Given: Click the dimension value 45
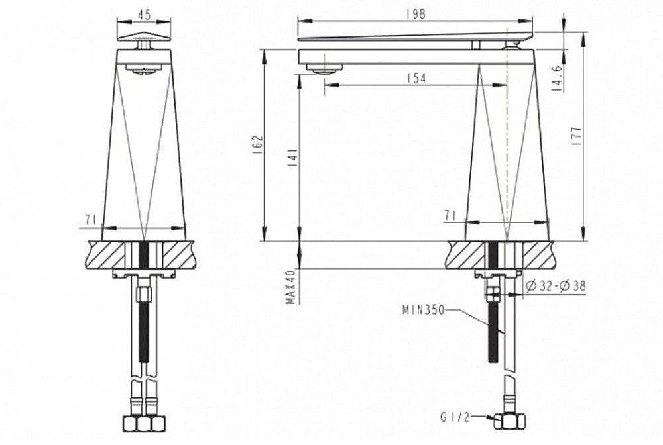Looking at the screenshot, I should coord(144,13).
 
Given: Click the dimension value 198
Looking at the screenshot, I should coord(416,13).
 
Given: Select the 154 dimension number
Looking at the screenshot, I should coord(415,78).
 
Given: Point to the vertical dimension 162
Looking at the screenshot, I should coord(258,145).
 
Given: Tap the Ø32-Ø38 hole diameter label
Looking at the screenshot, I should coord(555,286).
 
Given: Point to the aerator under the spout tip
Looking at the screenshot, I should coord(324,70).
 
